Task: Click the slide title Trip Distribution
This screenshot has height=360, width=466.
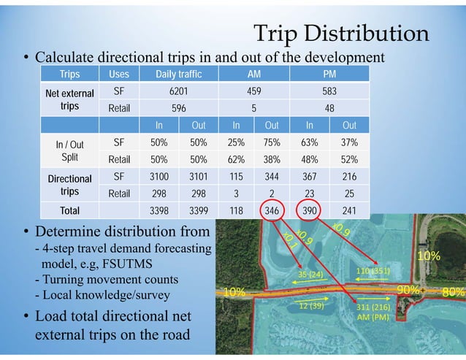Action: (x=340, y=33)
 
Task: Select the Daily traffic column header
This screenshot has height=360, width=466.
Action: (x=178, y=74)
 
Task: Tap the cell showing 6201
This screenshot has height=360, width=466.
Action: (x=178, y=93)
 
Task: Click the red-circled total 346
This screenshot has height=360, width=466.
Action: (x=271, y=211)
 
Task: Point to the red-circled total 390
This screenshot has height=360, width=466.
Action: (x=310, y=211)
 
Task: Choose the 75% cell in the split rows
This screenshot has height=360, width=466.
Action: (x=271, y=142)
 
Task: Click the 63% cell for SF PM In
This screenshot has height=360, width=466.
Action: (x=310, y=142)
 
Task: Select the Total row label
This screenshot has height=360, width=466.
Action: (x=69, y=211)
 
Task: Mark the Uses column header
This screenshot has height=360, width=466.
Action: (x=118, y=74)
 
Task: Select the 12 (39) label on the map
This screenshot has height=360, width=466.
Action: (x=312, y=306)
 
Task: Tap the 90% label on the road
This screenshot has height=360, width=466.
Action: (x=408, y=291)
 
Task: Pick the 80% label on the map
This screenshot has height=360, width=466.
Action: (x=454, y=291)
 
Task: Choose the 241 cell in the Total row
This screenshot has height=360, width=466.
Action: (x=349, y=211)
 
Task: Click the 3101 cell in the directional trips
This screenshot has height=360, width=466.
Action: (x=198, y=177)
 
